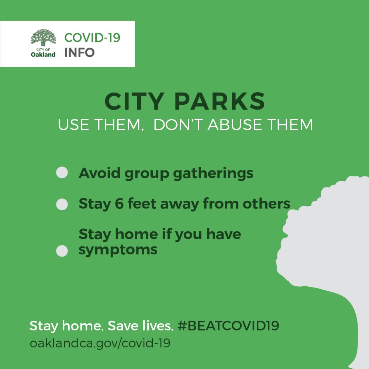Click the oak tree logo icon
43,37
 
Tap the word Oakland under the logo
43,55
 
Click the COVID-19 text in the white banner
92,38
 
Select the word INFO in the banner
80,52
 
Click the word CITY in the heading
134,101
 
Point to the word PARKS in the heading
220,101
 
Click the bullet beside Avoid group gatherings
62,172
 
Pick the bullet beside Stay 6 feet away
62,204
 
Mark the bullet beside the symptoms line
62,251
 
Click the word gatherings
213,174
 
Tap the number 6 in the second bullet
119,204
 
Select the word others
266,204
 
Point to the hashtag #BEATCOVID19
228,326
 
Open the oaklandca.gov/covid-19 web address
100,343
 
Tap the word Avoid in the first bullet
100,173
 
